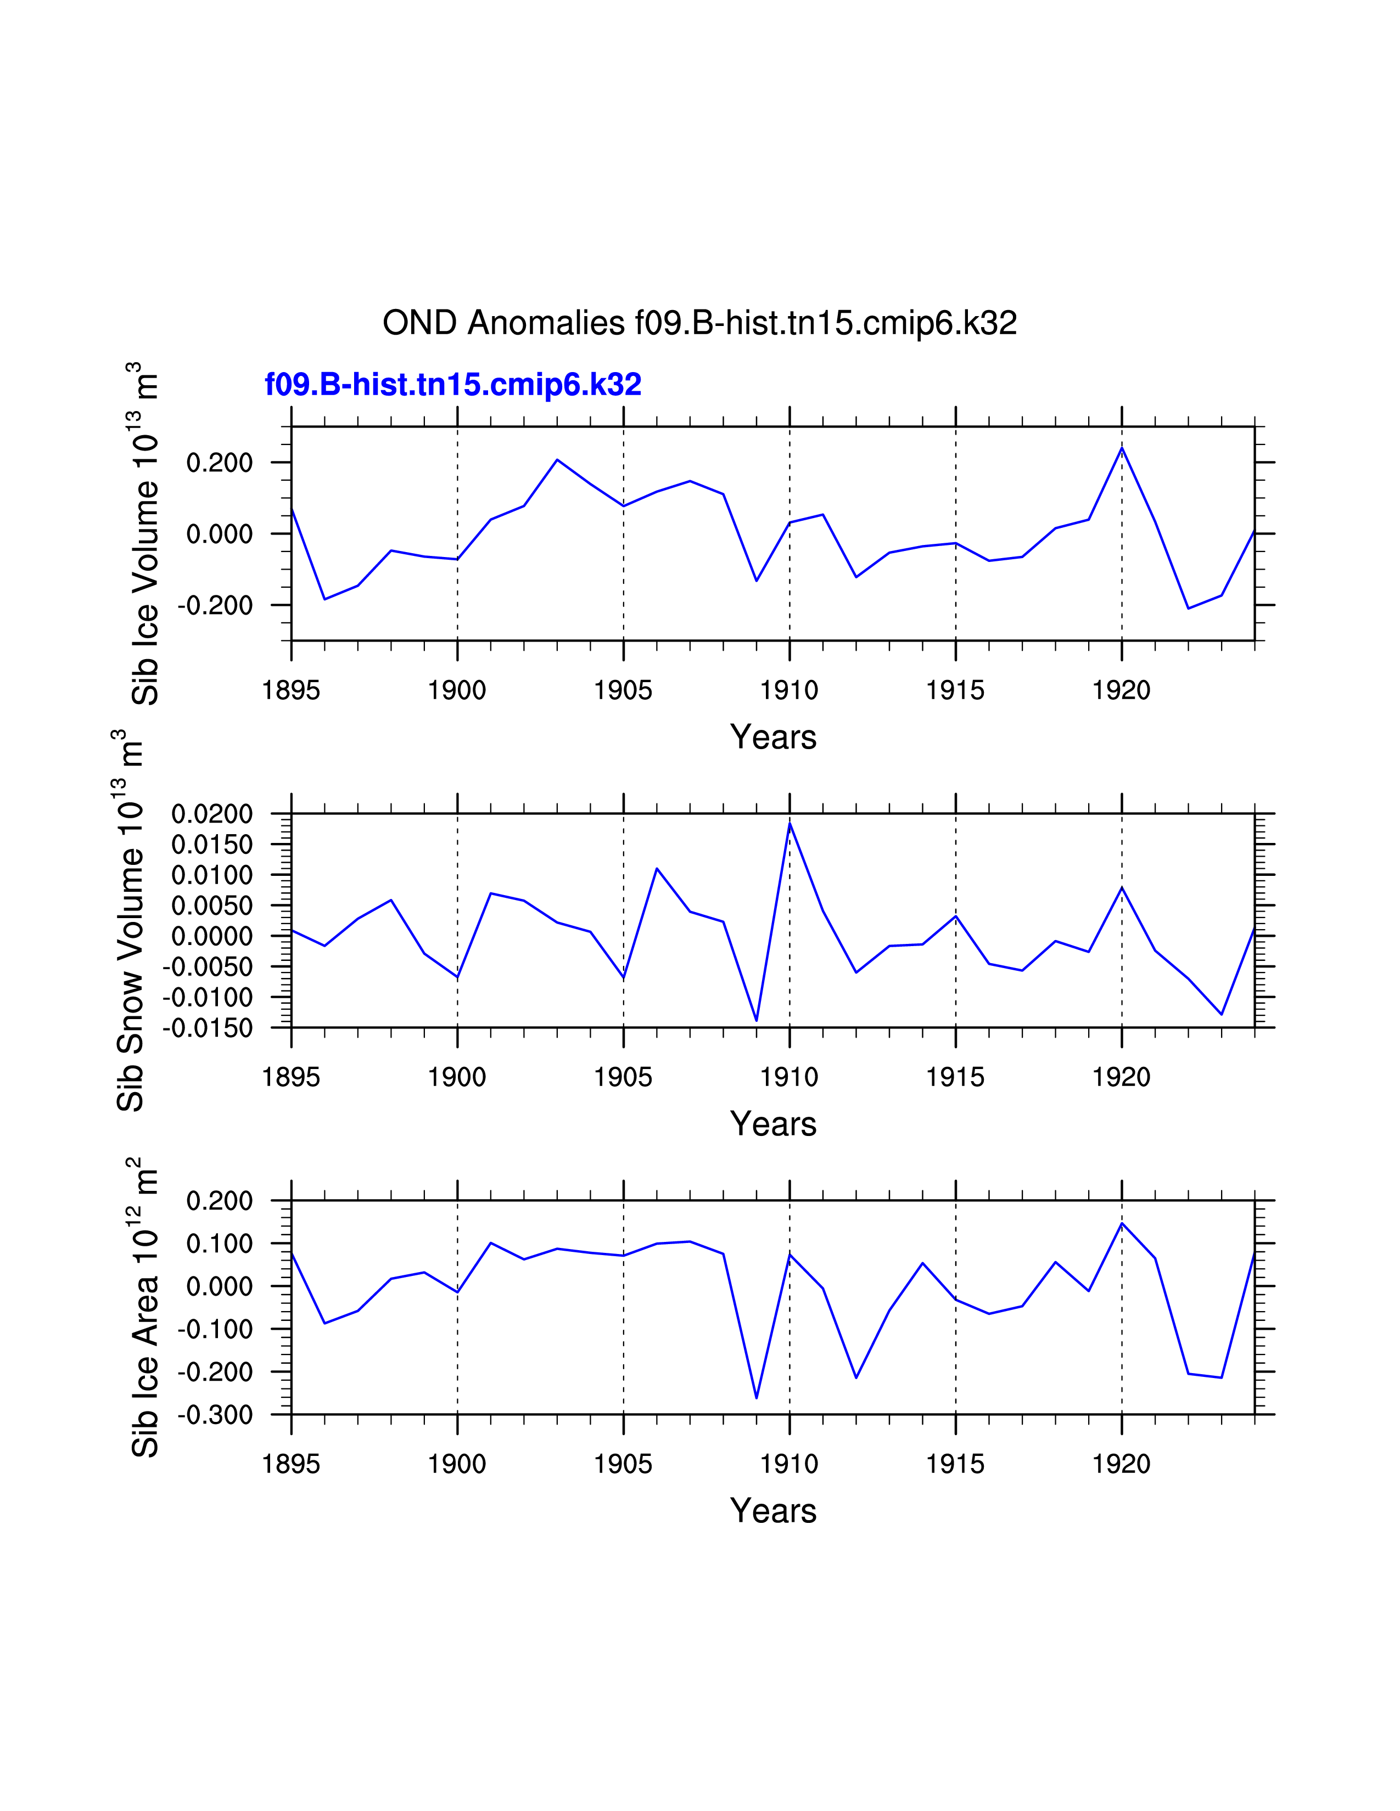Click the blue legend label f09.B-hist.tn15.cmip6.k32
[x=453, y=385]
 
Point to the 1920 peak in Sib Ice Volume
[x=1121, y=448]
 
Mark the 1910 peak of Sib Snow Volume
[x=789, y=823]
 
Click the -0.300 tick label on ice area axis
[x=215, y=1414]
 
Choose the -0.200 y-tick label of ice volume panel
[x=215, y=605]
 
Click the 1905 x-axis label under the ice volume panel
[x=623, y=690]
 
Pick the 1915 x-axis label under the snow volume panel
[x=955, y=1077]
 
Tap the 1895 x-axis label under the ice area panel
[x=291, y=1464]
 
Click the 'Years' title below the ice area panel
[x=773, y=1511]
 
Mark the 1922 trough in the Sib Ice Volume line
[x=1188, y=609]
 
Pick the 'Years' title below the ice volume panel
[x=773, y=736]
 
